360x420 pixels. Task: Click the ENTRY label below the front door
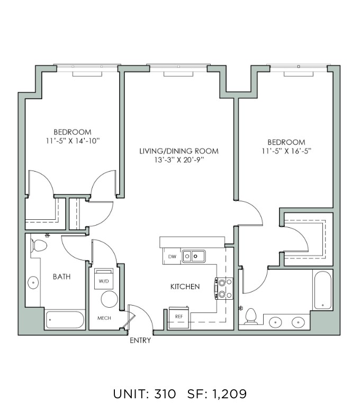point(140,341)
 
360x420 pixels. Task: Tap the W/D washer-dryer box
point(104,279)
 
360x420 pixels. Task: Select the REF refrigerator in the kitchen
point(179,318)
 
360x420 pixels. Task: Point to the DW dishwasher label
point(172,256)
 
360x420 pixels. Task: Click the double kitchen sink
point(194,256)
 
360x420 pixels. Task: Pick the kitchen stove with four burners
point(224,289)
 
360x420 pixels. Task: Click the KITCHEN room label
point(185,287)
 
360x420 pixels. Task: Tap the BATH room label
point(61,276)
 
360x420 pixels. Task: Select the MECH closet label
point(104,318)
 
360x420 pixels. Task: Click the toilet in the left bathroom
point(39,246)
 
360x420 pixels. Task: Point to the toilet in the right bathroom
point(251,316)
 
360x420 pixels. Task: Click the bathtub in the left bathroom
point(65,319)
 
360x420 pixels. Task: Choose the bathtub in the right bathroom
point(323,290)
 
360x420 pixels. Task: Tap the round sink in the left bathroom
point(33,283)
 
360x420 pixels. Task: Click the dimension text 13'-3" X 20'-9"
point(179,160)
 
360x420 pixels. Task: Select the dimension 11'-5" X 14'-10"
point(73,141)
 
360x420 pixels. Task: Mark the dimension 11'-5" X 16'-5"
point(286,151)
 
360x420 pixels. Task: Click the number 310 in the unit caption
point(165,394)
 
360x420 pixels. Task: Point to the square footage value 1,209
point(229,394)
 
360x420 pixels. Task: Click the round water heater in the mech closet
point(110,299)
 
